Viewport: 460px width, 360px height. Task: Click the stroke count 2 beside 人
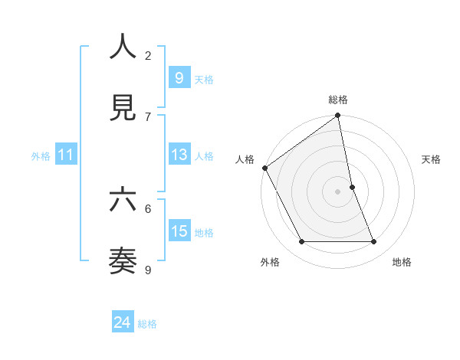click(148, 55)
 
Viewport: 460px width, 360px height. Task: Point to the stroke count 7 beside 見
click(148, 116)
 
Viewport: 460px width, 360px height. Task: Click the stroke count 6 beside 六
click(148, 208)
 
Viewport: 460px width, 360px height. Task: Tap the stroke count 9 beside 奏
click(148, 270)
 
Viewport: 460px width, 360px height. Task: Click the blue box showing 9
click(179, 77)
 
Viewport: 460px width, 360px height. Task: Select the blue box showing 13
click(179, 155)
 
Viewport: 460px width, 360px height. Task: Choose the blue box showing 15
click(179, 231)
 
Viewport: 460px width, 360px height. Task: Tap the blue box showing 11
click(66, 155)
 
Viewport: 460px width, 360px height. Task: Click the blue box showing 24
click(123, 322)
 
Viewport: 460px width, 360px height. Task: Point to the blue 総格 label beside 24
click(147, 324)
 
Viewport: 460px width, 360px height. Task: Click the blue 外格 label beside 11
click(41, 156)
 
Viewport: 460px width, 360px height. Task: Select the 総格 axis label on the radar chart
click(338, 100)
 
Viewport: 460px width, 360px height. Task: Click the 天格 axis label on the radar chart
click(432, 159)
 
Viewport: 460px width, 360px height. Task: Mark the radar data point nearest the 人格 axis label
click(264, 168)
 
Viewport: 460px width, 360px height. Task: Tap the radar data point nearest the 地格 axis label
click(374, 242)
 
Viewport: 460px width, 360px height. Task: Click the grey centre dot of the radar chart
click(338, 191)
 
